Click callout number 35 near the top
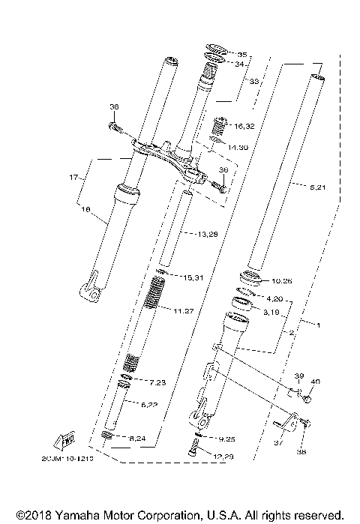coord(241,55)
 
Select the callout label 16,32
coord(244,127)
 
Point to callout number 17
coord(73,178)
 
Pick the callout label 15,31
coord(192,277)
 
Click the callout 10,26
coord(283,282)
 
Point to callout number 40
coord(315,382)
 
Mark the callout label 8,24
coord(158,439)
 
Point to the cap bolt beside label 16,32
coord(220,122)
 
